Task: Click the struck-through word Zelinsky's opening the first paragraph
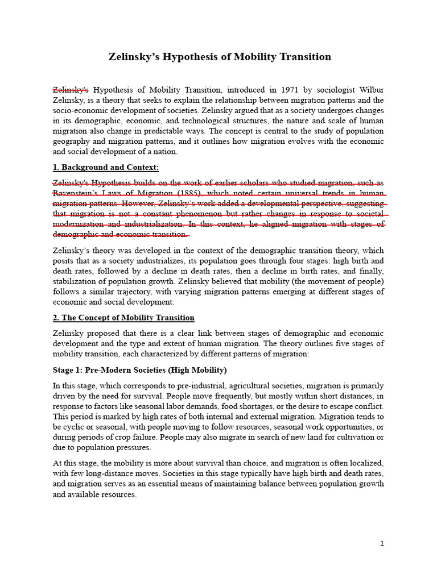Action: click(71, 90)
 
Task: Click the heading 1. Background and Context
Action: click(106, 167)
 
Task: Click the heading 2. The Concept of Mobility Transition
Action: click(123, 317)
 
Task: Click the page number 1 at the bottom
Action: click(382, 543)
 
